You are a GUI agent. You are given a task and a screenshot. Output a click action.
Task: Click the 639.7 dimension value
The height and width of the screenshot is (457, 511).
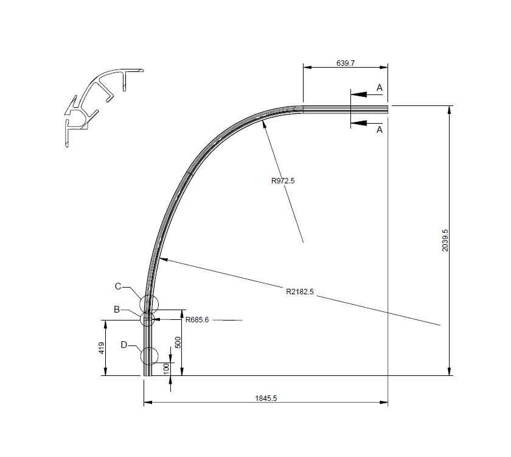tap(346, 62)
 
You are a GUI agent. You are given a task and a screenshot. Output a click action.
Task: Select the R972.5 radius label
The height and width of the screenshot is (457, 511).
tap(283, 180)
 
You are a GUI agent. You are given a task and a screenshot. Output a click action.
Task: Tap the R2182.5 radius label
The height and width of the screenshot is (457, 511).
tap(299, 291)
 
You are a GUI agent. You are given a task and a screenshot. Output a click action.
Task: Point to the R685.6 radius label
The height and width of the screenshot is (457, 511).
tap(197, 319)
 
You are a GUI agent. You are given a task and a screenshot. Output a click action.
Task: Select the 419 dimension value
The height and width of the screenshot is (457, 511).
tap(102, 348)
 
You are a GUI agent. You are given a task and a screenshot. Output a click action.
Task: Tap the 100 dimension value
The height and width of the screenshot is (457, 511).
tap(165, 369)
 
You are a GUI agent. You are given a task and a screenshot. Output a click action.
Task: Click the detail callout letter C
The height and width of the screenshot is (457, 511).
tap(119, 286)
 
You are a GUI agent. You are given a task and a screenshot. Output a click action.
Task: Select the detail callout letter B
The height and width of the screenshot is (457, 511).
tap(117, 310)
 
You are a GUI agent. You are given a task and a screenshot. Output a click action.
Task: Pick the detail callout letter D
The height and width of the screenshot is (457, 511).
tap(123, 345)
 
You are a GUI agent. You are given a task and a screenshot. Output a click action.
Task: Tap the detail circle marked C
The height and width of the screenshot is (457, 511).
tap(148, 303)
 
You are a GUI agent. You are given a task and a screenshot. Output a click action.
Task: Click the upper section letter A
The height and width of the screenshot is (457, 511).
tap(380, 88)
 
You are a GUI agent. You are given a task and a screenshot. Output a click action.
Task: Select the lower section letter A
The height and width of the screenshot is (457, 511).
tap(380, 129)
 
